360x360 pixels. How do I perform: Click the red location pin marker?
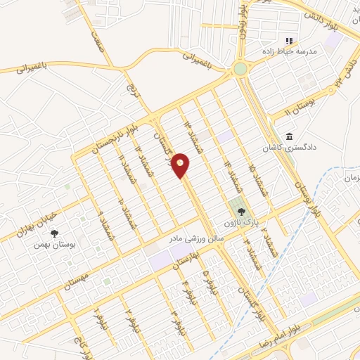[x=181, y=165]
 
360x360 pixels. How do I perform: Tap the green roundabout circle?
[x=240, y=69]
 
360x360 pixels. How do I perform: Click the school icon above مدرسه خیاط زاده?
[x=288, y=40]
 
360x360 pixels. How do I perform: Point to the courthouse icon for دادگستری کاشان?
[x=289, y=136]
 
